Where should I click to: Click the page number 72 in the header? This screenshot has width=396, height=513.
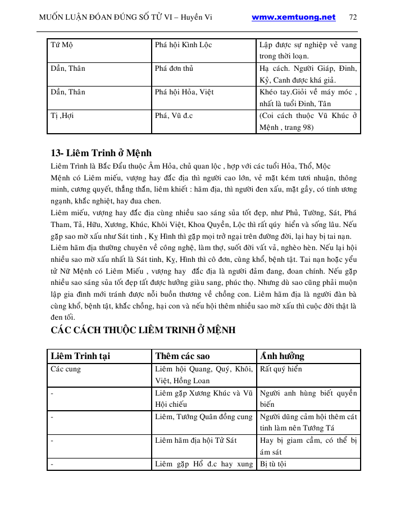353,17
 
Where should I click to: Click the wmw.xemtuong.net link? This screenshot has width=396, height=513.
293,17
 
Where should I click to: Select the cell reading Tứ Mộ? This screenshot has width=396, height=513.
62,44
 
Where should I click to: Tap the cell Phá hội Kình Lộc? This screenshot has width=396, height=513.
183,44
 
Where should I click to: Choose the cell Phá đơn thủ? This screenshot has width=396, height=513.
174,69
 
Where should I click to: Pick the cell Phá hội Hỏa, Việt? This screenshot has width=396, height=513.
184,92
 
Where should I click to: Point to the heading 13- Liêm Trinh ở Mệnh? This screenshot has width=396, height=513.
101,153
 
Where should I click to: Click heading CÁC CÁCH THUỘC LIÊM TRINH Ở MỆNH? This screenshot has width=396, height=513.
143,330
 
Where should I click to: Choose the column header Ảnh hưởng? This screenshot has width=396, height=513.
281,356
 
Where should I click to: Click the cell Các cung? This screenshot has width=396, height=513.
66,369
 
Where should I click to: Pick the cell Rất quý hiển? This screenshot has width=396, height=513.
281,369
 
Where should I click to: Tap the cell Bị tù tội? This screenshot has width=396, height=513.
273,464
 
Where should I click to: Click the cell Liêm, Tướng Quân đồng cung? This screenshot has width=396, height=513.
204,417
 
